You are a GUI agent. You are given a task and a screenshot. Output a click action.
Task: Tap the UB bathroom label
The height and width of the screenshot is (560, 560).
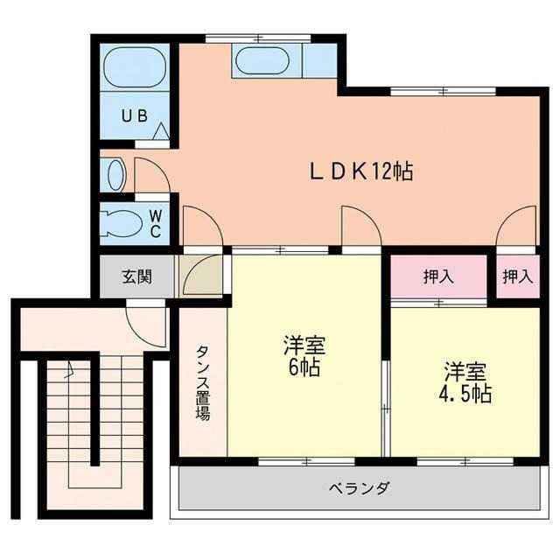(x=134, y=115)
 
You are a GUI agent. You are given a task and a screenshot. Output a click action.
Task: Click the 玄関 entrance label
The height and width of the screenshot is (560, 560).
(x=136, y=277)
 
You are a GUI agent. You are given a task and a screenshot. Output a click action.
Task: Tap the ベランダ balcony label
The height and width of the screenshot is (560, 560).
(x=359, y=487)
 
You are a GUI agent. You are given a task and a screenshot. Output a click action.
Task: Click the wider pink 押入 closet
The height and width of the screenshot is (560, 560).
(x=438, y=276)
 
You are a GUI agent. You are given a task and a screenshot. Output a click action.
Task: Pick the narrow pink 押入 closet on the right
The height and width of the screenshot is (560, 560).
(x=517, y=276)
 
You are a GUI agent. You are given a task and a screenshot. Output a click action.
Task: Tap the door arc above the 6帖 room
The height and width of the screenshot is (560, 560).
(x=360, y=227)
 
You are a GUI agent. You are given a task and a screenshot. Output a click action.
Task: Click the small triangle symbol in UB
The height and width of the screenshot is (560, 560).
(x=162, y=131)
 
